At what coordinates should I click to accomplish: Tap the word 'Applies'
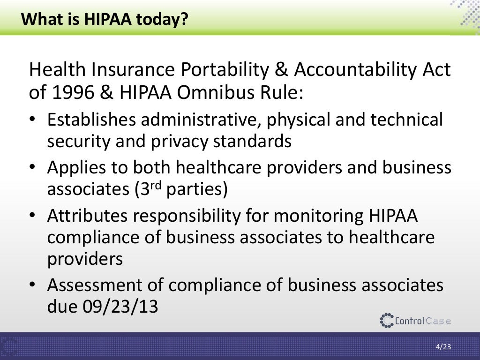pos(77,167)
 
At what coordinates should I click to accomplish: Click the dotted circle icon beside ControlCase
pos(387,321)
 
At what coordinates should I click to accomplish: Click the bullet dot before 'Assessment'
pos(33,285)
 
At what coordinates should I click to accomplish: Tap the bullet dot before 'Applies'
pos(33,168)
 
